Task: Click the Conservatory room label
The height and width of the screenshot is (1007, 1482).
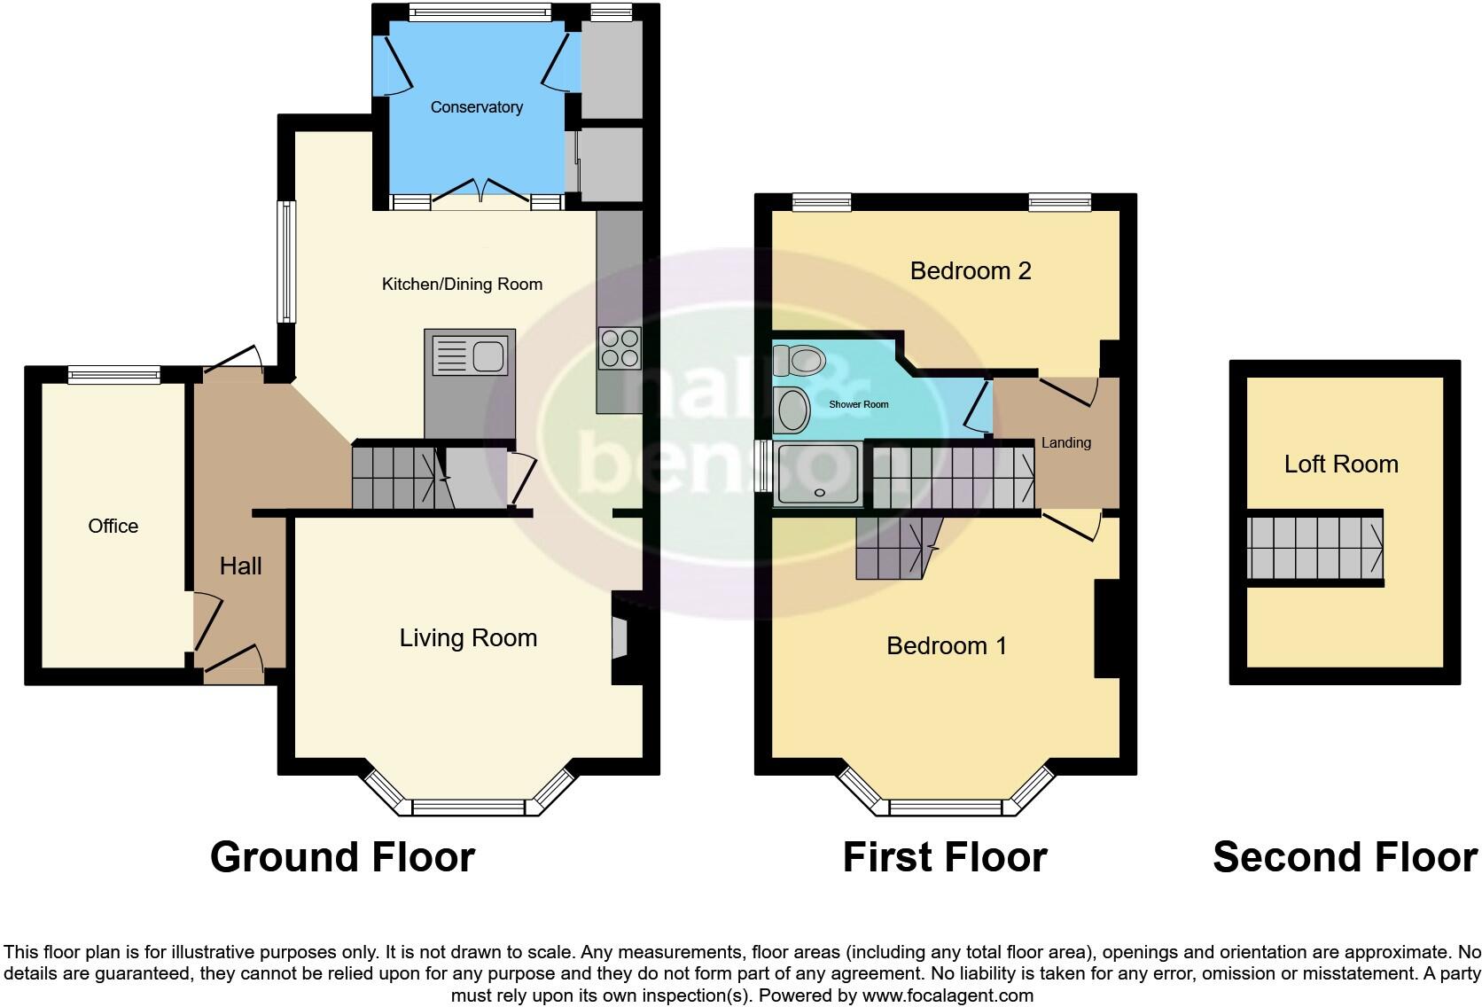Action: tap(476, 107)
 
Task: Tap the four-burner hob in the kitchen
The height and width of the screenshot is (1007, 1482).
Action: tap(620, 347)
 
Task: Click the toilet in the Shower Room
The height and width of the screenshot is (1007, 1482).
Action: tap(799, 361)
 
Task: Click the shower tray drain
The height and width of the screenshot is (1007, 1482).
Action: tap(819, 493)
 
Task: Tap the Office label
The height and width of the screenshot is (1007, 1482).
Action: tap(113, 526)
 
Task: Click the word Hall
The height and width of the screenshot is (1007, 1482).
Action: tap(240, 566)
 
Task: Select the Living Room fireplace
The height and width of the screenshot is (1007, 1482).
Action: tap(619, 639)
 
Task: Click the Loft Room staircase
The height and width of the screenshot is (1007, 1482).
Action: tap(1314, 547)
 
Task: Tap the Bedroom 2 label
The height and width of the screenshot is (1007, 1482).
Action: tap(971, 270)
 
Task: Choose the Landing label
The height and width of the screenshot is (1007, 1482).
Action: tap(1065, 442)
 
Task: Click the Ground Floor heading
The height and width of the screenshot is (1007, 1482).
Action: tap(342, 857)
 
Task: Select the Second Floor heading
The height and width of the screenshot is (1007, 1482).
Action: tap(1345, 857)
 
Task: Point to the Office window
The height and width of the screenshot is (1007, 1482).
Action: tap(114, 375)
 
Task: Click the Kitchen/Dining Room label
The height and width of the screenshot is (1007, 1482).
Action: tap(462, 284)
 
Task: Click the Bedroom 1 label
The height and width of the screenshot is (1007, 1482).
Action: tap(947, 645)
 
